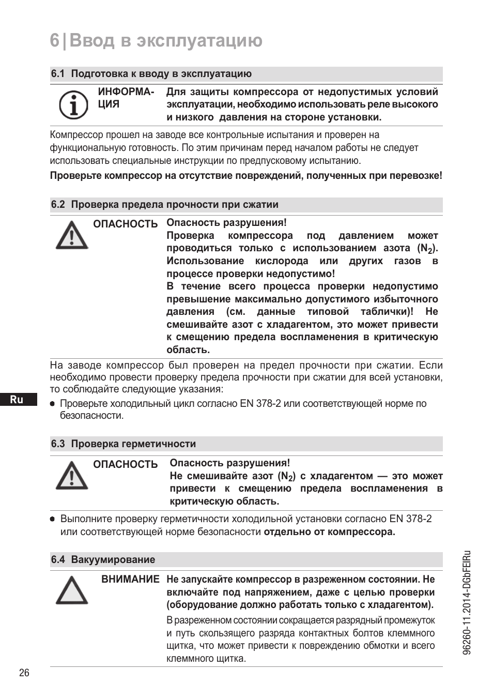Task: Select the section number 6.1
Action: (x=57, y=74)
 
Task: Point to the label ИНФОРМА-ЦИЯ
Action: (x=126, y=98)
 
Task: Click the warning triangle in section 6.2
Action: (x=72, y=235)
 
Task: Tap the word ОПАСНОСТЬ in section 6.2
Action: (x=125, y=224)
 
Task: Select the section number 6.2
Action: (x=57, y=205)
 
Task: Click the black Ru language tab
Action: (x=17, y=400)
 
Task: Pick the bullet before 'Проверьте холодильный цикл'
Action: (x=52, y=404)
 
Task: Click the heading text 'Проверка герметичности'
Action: (x=133, y=444)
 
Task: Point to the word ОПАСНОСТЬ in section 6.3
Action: (x=125, y=464)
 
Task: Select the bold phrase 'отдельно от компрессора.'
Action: (x=329, y=532)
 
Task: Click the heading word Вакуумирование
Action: (x=113, y=560)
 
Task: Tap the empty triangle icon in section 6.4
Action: (x=72, y=591)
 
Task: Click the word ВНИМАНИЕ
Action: (x=130, y=580)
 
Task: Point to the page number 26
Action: (x=24, y=673)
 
